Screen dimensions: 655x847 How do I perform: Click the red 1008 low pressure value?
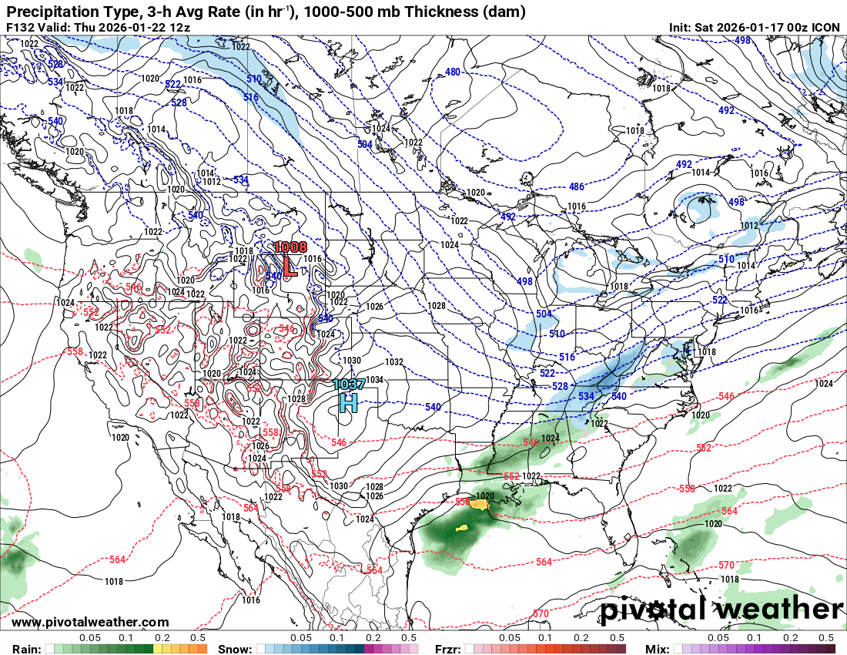pos(290,247)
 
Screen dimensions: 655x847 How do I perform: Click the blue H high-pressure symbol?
pos(348,402)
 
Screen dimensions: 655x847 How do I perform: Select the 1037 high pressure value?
pos(349,384)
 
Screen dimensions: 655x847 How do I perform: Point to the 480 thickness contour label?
pos(453,72)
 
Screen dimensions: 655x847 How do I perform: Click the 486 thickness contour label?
pos(576,187)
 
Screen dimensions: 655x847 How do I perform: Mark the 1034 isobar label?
pos(375,379)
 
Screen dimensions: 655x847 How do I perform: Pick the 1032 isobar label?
pos(394,361)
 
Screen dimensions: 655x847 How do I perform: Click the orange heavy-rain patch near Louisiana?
pos(480,505)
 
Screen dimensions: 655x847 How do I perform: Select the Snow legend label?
pos(235,649)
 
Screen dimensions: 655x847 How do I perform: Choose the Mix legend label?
pos(659,649)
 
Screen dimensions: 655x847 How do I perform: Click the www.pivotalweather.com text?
pos(91,622)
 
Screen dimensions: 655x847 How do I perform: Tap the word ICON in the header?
pos(826,27)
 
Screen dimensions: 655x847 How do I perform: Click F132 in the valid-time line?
pos(22,27)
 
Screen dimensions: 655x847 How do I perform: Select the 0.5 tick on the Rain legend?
pos(198,638)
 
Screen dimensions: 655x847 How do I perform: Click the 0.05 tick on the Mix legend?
pos(718,638)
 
